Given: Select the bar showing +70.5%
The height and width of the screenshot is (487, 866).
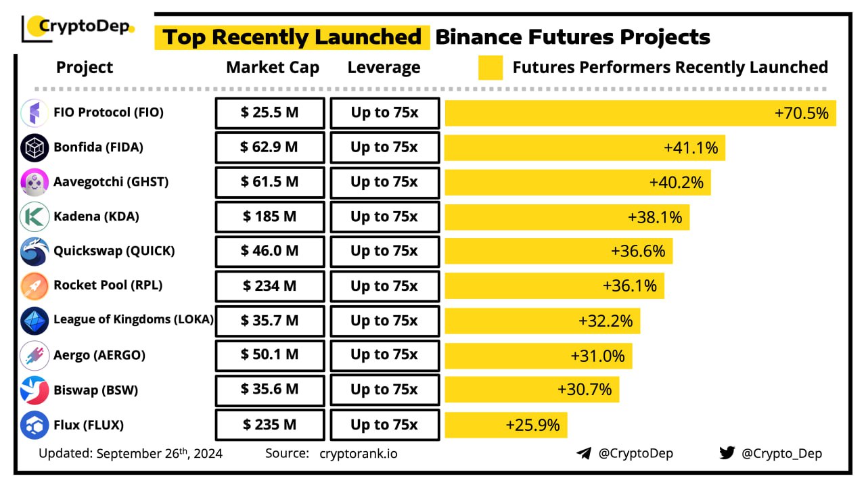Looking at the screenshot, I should pyautogui.click(x=639, y=113).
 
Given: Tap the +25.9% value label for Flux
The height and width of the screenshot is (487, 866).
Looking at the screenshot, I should pyautogui.click(x=532, y=425).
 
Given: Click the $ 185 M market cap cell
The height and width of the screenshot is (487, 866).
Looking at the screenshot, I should pyautogui.click(x=269, y=217).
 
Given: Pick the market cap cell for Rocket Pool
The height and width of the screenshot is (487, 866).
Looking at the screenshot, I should pyautogui.click(x=269, y=286).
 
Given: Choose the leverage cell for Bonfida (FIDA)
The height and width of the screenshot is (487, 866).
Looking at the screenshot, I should pyautogui.click(x=384, y=147).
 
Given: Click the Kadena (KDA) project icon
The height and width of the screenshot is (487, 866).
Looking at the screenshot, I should pyautogui.click(x=35, y=217).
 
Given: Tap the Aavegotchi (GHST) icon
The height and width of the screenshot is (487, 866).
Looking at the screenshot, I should pyautogui.click(x=35, y=182).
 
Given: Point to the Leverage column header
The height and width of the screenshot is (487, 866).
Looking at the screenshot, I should pyautogui.click(x=384, y=68).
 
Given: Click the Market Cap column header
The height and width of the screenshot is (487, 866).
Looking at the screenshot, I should pyautogui.click(x=273, y=68).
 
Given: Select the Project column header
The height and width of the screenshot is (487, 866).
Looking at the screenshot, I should pyautogui.click(x=85, y=68).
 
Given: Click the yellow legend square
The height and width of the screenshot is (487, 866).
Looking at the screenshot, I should pyautogui.click(x=491, y=68).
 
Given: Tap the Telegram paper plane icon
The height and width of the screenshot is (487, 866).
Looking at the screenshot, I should pyautogui.click(x=584, y=453).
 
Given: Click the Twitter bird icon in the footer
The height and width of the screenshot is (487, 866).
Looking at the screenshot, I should pyautogui.click(x=727, y=453).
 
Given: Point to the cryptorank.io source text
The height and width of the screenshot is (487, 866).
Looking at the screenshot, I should pyautogui.click(x=359, y=453).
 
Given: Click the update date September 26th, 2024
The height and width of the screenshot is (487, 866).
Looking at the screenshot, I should pyautogui.click(x=160, y=453).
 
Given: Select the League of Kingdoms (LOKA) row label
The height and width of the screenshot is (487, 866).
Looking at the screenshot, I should pyautogui.click(x=134, y=320).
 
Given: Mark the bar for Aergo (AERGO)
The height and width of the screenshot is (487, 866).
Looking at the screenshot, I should pyautogui.click(x=538, y=356).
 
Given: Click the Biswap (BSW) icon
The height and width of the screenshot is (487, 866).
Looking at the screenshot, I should pyautogui.click(x=35, y=390).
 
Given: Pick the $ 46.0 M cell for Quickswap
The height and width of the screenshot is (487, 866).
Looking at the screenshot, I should pyautogui.click(x=269, y=251).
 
